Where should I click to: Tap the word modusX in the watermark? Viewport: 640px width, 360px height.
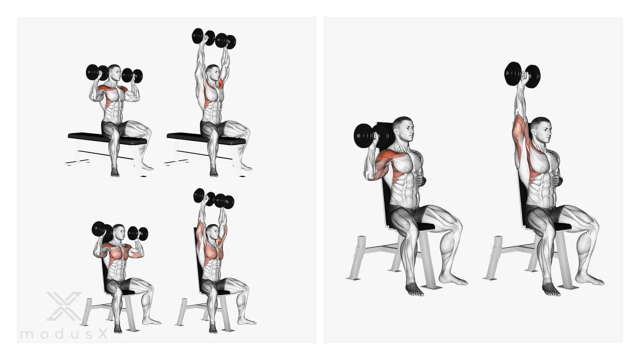pos(64,334)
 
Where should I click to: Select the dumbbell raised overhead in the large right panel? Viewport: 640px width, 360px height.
pos(522,75)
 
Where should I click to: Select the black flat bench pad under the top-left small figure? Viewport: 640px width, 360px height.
pos(107,138)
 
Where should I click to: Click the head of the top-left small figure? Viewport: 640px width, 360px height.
pos(114,72)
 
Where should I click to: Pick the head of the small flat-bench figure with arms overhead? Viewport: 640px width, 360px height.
pos(212,73)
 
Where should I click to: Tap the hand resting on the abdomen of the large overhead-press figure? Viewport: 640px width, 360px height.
pos(556,180)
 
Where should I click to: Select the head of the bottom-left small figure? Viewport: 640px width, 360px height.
pos(119,231)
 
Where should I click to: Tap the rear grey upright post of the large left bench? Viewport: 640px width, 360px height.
pos(357,257)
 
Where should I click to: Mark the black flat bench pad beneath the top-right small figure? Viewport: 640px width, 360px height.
pos(205,138)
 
